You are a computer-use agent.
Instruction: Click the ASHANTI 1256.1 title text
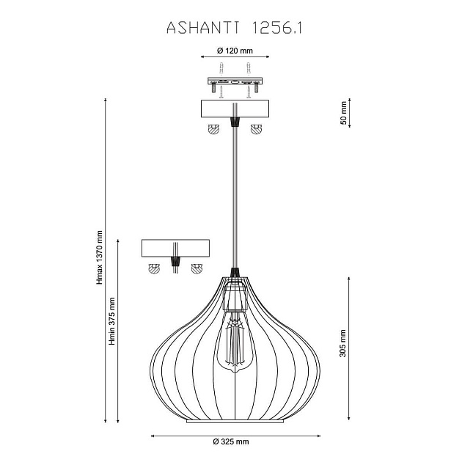coord(235,28)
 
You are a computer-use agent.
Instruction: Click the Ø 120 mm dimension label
coord(235,51)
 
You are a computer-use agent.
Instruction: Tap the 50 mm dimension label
coord(342,114)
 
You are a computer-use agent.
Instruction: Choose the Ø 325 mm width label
coord(230,441)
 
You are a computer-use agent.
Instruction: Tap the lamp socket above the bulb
coord(235,296)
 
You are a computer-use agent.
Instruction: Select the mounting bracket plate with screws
coord(235,82)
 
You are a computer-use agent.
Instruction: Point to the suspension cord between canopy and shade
coord(235,198)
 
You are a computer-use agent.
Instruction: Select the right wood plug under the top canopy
coord(256,130)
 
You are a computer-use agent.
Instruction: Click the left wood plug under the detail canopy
coord(154,268)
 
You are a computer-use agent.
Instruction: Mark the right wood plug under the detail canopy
coord(196,268)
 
